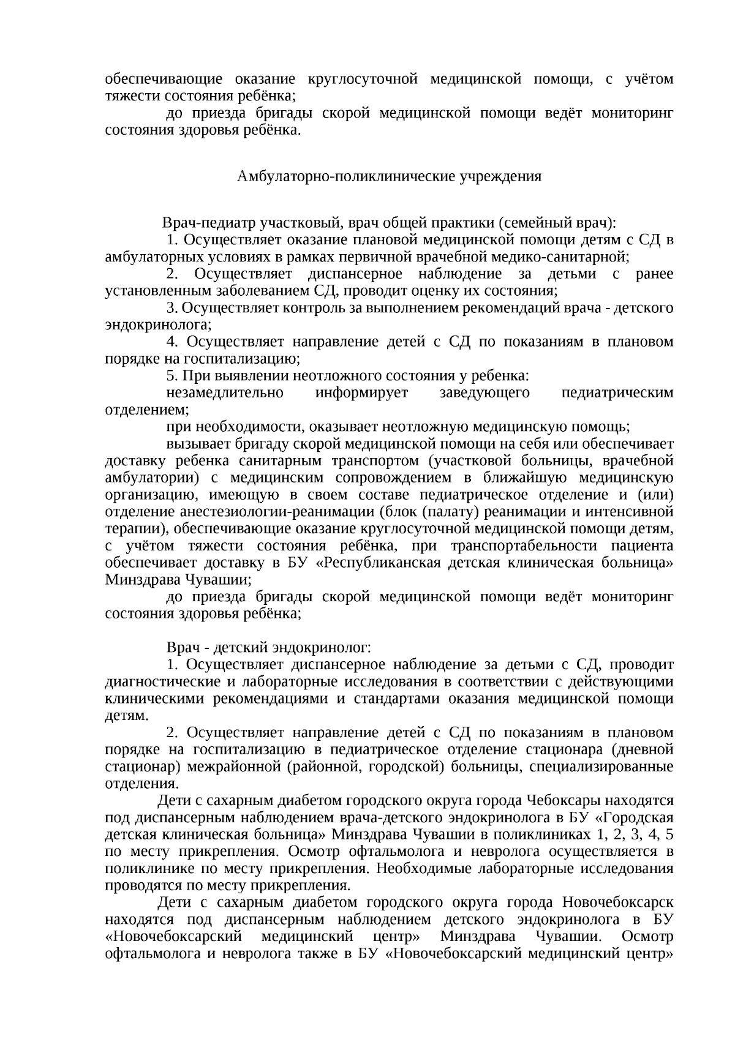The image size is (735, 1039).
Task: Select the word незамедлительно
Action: (225, 392)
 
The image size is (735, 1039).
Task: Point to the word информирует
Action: (361, 392)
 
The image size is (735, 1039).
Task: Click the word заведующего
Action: (484, 392)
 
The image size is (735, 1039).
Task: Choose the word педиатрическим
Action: (617, 392)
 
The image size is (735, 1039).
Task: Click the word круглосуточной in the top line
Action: (362, 79)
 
